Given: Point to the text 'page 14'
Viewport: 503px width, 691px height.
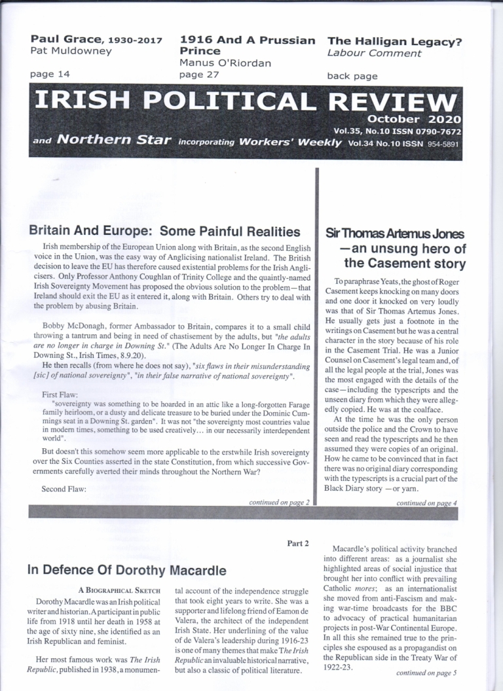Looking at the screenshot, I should (x=50, y=75).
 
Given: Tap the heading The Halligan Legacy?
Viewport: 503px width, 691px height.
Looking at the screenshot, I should (x=395, y=41).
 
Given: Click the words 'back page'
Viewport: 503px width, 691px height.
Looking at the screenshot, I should (x=352, y=76).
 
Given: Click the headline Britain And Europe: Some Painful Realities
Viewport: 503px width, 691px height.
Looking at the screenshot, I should (x=164, y=231).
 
